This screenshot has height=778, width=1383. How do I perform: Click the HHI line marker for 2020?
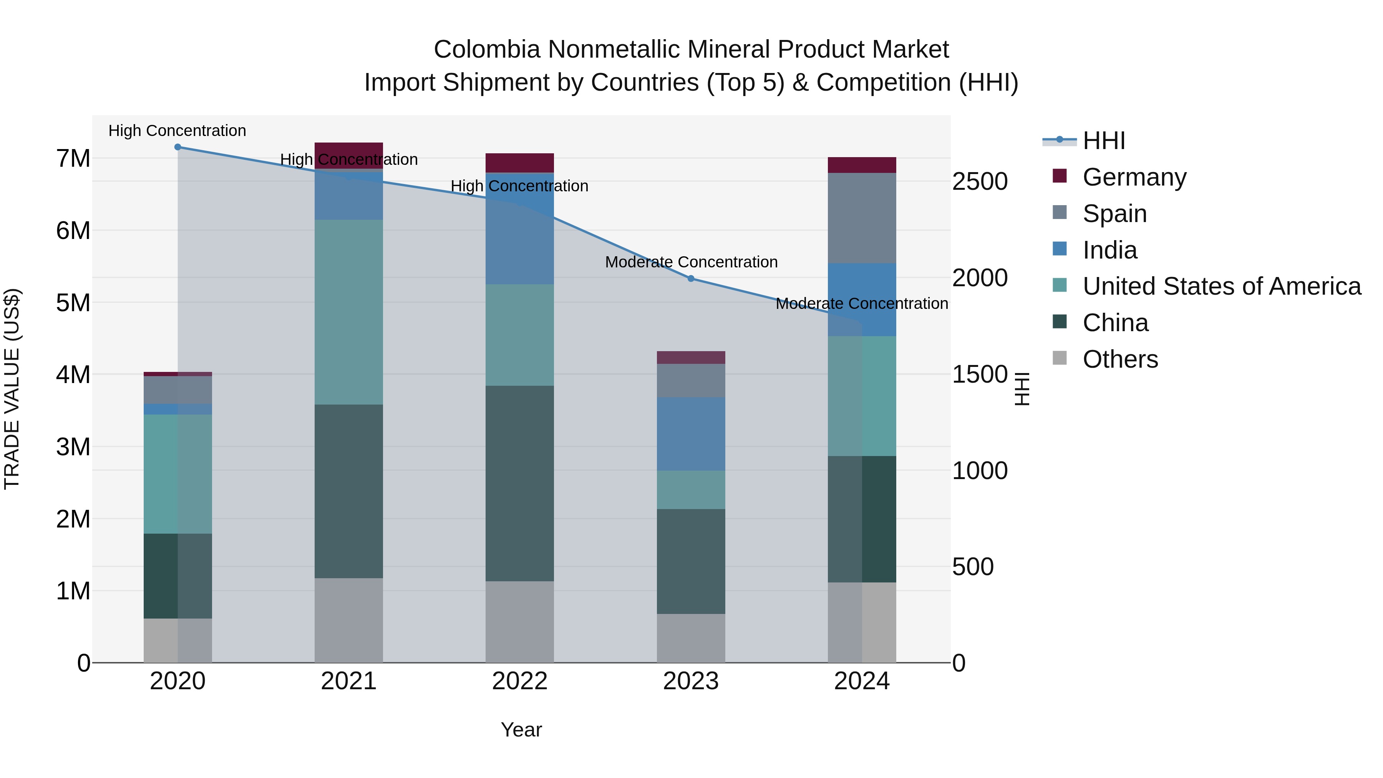[178, 147]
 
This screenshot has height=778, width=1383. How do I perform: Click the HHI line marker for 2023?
[691, 278]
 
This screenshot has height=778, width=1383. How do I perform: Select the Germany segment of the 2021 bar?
[348, 155]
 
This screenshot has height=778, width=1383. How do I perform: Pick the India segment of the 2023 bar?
[691, 434]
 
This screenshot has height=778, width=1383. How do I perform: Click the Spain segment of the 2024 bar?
[862, 218]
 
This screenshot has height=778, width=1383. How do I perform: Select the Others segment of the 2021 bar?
[348, 620]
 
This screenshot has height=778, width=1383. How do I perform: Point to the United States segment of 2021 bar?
[348, 312]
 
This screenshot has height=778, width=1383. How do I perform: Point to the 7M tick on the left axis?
[73, 158]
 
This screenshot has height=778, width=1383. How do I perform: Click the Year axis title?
[521, 730]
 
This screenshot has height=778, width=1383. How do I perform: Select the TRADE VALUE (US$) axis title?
[12, 389]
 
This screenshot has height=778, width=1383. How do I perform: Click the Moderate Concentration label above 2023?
[691, 262]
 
